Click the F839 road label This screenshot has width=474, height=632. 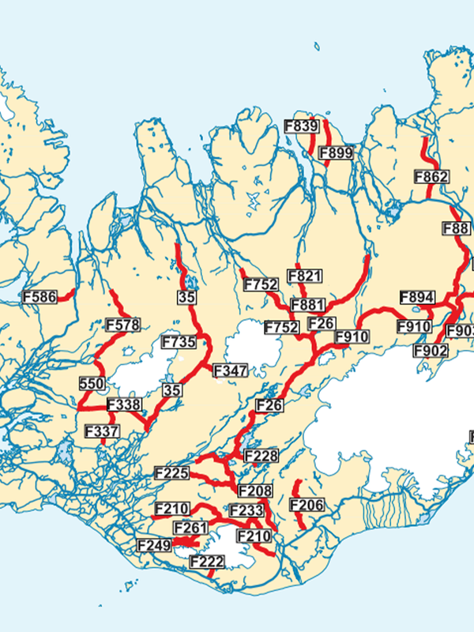click(301, 126)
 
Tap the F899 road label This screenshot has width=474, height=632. click(337, 153)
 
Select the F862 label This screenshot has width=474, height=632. click(431, 177)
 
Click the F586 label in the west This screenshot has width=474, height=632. click(39, 297)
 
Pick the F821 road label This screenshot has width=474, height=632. click(305, 276)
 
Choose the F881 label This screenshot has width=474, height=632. click(308, 305)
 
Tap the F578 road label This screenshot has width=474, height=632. click(122, 325)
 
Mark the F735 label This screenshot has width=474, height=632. click(179, 342)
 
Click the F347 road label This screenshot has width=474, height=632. click(231, 370)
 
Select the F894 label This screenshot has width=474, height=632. click(417, 297)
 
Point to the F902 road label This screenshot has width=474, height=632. click(431, 350)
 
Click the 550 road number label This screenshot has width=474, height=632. click(92, 384)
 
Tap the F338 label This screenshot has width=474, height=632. click(123, 405)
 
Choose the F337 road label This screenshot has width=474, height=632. click(102, 431)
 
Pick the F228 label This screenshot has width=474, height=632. click(261, 456)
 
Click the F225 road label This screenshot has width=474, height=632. click(172, 473)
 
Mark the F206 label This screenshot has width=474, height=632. click(307, 505)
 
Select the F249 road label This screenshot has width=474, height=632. click(154, 544)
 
